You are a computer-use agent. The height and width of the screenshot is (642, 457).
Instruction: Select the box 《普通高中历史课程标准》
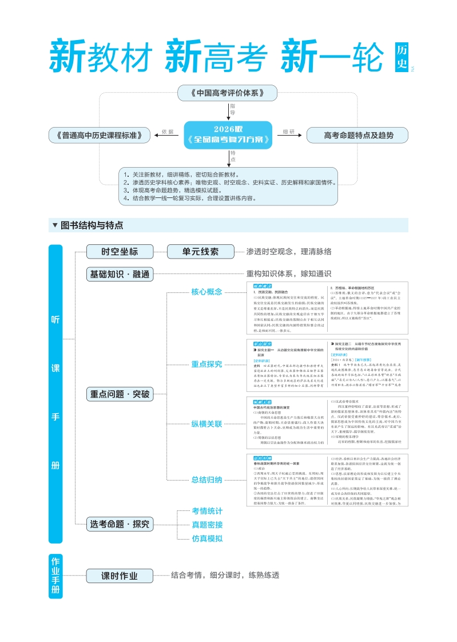point(100,136)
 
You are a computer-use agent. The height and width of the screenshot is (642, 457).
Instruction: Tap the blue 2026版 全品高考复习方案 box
point(228,135)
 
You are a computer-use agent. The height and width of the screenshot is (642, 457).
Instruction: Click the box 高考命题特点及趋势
point(358,136)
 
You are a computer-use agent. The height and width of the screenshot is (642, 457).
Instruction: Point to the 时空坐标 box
point(120,251)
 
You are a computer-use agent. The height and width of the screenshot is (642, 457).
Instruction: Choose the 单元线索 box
point(200,251)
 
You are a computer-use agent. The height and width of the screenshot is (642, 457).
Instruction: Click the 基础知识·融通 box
point(120,274)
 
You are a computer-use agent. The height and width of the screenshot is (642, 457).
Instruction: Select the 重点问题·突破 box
point(120,394)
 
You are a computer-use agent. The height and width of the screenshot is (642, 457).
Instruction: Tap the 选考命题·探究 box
point(120,524)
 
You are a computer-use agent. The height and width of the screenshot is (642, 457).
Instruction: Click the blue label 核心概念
point(206,292)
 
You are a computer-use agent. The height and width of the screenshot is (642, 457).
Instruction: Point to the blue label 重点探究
point(206,364)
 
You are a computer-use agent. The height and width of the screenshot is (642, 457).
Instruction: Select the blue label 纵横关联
point(206,424)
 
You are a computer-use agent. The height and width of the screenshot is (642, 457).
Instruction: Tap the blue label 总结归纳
point(206,479)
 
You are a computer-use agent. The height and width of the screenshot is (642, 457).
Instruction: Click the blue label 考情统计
point(207,511)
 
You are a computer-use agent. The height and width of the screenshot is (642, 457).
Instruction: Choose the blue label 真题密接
point(207,525)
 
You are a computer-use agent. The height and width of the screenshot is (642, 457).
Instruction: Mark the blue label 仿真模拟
point(207,538)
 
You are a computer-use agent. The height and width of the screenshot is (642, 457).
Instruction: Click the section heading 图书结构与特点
point(92,225)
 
